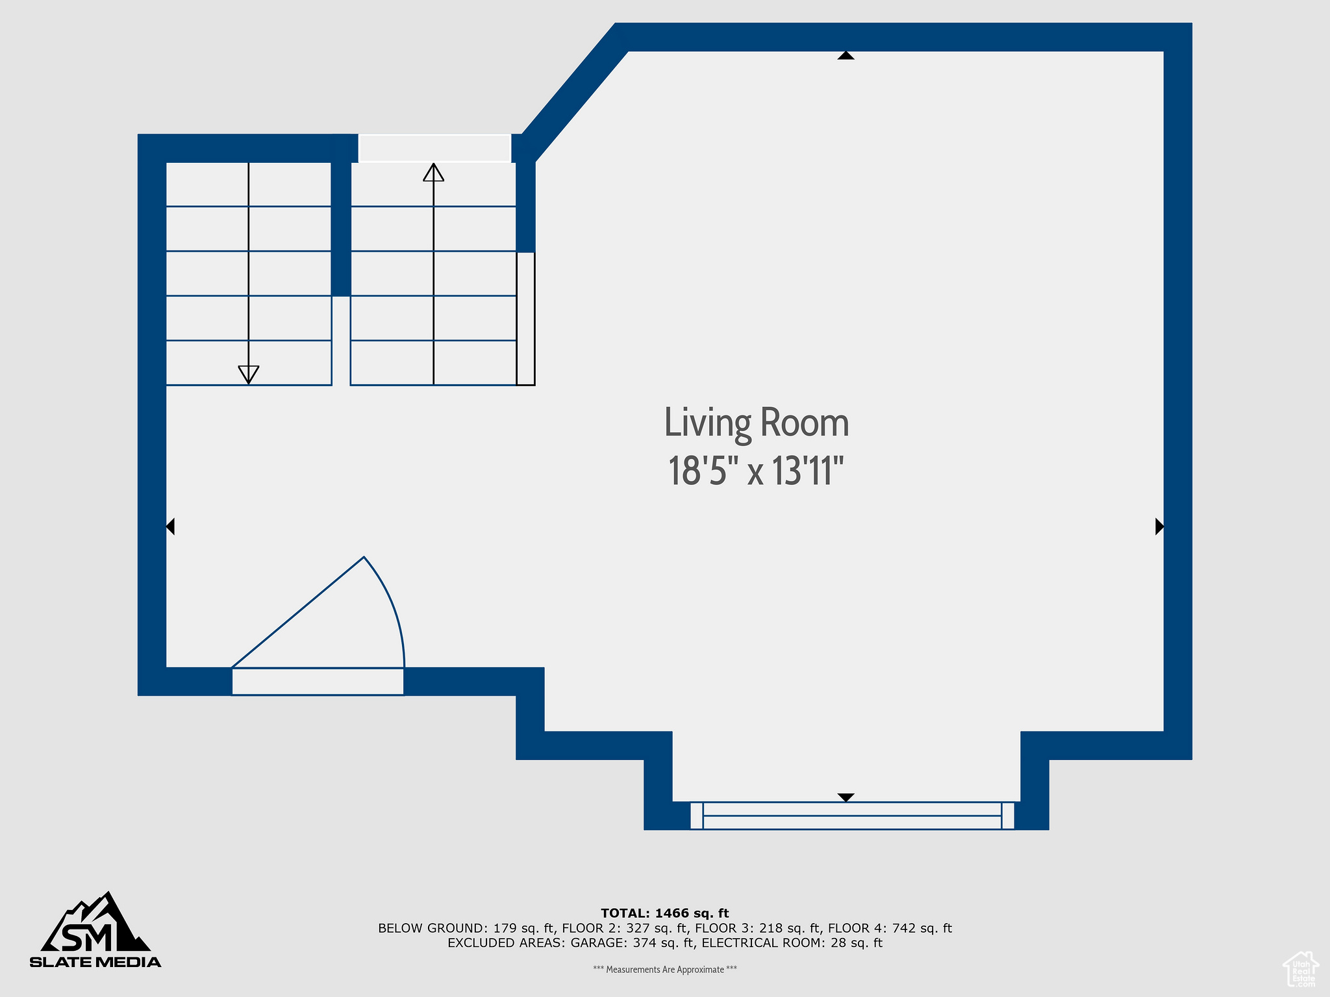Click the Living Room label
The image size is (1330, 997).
[x=757, y=423]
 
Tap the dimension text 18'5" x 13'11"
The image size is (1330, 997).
[x=757, y=471]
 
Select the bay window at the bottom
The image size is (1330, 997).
[x=852, y=816]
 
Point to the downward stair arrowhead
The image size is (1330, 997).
[x=249, y=375]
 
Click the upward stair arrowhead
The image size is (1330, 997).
[x=434, y=172]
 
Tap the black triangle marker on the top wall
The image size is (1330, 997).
[x=846, y=55]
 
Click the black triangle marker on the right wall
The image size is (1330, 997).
[x=1159, y=526]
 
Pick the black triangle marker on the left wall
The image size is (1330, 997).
[x=170, y=526]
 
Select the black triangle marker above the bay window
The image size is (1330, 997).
[x=846, y=797]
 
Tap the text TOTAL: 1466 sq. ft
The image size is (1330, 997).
[x=665, y=913]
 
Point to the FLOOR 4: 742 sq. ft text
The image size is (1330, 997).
[x=890, y=928]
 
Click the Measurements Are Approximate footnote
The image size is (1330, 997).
[x=665, y=970]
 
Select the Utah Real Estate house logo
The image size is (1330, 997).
[x=1300, y=969]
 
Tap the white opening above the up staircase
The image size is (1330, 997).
[x=434, y=148]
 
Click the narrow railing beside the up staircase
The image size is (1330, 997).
[x=526, y=319]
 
